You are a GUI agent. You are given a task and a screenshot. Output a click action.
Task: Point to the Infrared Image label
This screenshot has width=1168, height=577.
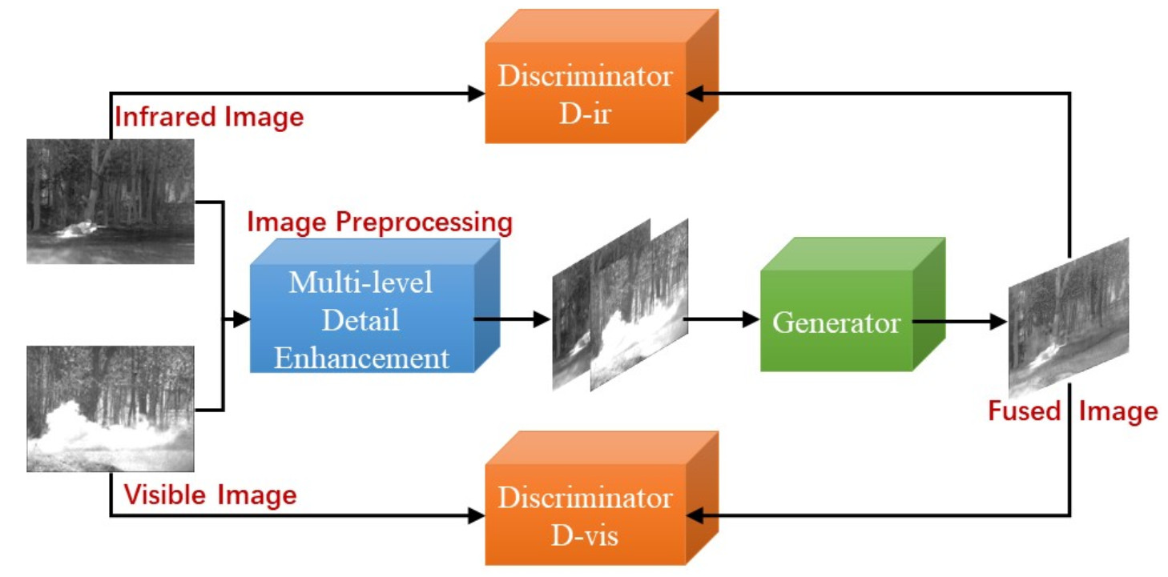coord(209,117)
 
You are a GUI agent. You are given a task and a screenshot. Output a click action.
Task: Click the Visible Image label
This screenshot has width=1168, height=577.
coord(209,495)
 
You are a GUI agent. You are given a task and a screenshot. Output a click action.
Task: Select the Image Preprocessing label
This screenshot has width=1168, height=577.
coord(380,222)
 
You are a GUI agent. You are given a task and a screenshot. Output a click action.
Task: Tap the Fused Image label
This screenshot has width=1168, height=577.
coord(1073,411)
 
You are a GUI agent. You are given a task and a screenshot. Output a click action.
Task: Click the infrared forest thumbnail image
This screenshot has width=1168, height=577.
coord(111,201)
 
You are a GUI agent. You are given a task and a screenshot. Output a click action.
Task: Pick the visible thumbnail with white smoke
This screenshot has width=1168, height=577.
coord(111,408)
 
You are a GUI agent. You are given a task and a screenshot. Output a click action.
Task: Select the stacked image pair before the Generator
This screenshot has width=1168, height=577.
coord(620,305)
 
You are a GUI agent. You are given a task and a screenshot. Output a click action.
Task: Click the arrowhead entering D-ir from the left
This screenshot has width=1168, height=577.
coord(476,94)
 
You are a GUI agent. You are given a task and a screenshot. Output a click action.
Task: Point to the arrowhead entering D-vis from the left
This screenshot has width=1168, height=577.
coord(476,515)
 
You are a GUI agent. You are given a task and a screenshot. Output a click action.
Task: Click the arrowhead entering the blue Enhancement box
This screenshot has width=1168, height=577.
coord(241,320)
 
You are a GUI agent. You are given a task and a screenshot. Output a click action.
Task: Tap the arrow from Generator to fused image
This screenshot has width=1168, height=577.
coord(961,322)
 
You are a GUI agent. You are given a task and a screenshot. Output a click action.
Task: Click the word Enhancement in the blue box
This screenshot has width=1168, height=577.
coord(362,358)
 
